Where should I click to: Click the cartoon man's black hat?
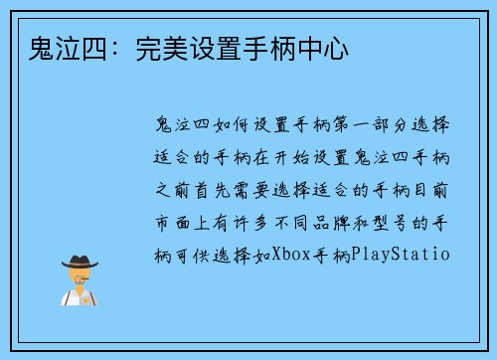click(x=80, y=263)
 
